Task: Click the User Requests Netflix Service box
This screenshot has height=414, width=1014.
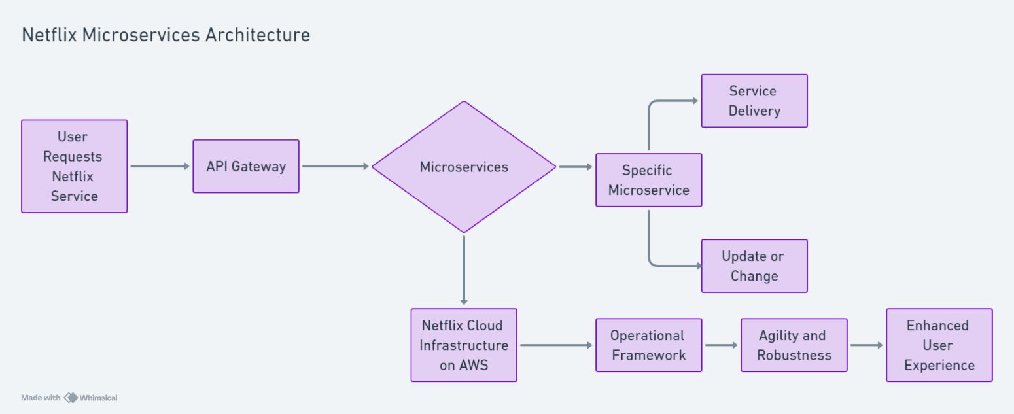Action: pyautogui.click(x=74, y=166)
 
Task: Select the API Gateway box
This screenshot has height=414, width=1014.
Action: pyautogui.click(x=246, y=166)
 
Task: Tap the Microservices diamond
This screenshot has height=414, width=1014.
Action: pyautogui.click(x=464, y=167)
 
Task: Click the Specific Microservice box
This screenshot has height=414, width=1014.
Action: pyautogui.click(x=648, y=180)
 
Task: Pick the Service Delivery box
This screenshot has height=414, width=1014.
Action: pyautogui.click(x=754, y=101)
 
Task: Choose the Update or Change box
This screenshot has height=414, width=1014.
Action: pyautogui.click(x=754, y=266)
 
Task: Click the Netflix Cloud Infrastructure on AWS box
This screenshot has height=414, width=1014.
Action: pyautogui.click(x=464, y=345)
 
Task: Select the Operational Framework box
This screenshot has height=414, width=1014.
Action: pyautogui.click(x=648, y=345)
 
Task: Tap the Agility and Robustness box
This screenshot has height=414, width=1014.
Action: pyautogui.click(x=794, y=345)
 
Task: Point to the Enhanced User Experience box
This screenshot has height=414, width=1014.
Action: pyautogui.click(x=939, y=345)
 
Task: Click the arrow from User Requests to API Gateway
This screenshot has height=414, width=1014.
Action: pyautogui.click(x=160, y=166)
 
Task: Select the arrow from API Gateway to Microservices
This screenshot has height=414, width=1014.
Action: pyautogui.click(x=336, y=166)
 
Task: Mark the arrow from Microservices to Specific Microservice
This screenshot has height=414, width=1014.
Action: pyautogui.click(x=576, y=167)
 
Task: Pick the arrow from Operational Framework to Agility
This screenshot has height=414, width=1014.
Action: pyautogui.click(x=721, y=345)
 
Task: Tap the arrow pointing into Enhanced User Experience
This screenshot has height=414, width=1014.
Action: pyautogui.click(x=866, y=345)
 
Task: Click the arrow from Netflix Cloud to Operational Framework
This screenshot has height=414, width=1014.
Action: pyautogui.click(x=556, y=345)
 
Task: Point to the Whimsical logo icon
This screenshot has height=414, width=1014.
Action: pyautogui.click(x=70, y=398)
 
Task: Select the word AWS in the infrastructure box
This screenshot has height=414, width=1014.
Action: pyautogui.click(x=472, y=365)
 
